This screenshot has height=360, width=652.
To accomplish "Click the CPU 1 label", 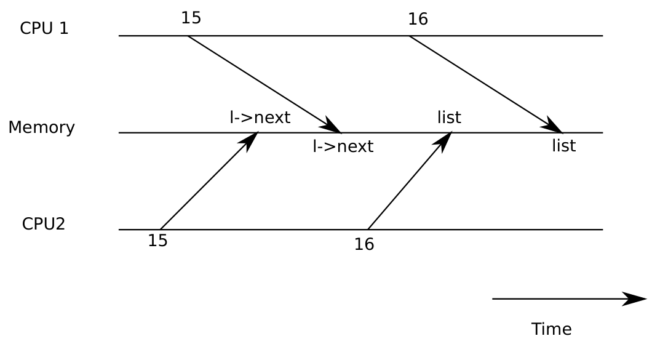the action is [44, 28].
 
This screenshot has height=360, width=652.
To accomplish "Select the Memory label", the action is [42, 127].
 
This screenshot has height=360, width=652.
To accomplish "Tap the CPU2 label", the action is [44, 224].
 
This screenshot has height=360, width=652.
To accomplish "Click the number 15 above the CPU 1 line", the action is [191, 18].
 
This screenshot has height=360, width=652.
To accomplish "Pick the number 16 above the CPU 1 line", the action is [418, 19].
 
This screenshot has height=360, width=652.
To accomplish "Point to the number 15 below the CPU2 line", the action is [158, 241].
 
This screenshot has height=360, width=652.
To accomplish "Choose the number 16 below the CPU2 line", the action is [364, 244].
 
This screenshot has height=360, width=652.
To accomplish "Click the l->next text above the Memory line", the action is [260, 118].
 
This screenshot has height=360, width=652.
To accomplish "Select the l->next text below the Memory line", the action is [343, 146].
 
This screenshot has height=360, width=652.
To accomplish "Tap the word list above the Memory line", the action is [449, 118].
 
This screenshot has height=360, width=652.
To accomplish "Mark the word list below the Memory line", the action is [564, 146].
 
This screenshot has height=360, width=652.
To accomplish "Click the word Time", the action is [551, 329].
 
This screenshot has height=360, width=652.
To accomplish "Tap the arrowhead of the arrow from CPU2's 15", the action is [250, 141].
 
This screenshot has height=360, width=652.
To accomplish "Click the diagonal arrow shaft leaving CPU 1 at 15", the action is [264, 84].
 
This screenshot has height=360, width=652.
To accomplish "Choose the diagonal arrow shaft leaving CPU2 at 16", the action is [410, 181].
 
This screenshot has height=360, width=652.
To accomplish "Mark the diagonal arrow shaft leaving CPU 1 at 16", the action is [486, 84].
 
